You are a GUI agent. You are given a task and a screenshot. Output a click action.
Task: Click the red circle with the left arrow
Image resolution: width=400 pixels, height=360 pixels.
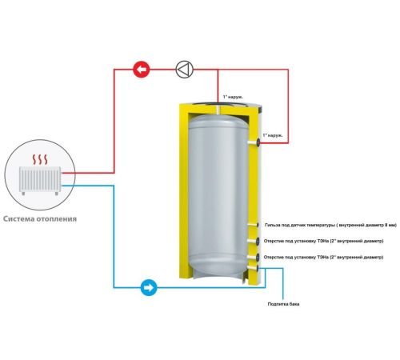142,70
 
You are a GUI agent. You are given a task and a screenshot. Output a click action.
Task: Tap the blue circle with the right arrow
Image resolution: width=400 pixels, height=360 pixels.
149,287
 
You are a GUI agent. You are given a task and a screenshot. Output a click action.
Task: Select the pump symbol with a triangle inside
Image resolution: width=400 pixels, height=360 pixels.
185,70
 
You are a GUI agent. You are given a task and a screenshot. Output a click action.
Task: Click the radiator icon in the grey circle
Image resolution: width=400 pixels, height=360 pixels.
40,181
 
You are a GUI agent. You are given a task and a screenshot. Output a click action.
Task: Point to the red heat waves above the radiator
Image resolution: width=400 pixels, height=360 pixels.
40,159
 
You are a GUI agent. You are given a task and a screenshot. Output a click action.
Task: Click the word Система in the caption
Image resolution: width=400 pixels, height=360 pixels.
18,219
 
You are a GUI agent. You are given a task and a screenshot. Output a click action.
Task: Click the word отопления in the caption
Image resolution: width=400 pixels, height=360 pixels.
57,219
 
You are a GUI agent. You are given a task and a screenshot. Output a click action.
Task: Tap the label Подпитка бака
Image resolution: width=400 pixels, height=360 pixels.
283,304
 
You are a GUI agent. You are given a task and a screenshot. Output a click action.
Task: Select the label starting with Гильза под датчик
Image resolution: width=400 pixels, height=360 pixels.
330,226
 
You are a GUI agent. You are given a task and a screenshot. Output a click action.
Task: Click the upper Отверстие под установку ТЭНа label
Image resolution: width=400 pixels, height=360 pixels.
323,241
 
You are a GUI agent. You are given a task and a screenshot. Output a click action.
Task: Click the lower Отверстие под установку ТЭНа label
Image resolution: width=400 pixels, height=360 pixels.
323,258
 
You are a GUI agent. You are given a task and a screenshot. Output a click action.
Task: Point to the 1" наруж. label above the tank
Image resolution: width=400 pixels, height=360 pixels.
233,97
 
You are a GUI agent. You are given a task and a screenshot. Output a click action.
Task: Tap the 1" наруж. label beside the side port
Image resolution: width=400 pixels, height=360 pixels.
273,135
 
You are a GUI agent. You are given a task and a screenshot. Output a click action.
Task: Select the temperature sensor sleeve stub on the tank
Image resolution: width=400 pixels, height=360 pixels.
253,225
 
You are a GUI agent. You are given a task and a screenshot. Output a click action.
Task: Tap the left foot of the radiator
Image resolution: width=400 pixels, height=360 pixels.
23,194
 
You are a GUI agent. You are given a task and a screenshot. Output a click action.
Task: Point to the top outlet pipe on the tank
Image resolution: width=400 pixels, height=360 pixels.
218,109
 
